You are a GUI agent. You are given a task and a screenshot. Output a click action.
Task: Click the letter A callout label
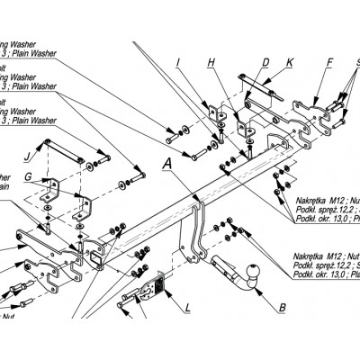(166, 165)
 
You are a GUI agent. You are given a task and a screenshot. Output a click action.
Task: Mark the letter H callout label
(211, 62)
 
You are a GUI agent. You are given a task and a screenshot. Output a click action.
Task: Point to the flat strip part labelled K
(265, 89)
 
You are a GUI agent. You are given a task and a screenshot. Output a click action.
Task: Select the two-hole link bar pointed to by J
(65, 150)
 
